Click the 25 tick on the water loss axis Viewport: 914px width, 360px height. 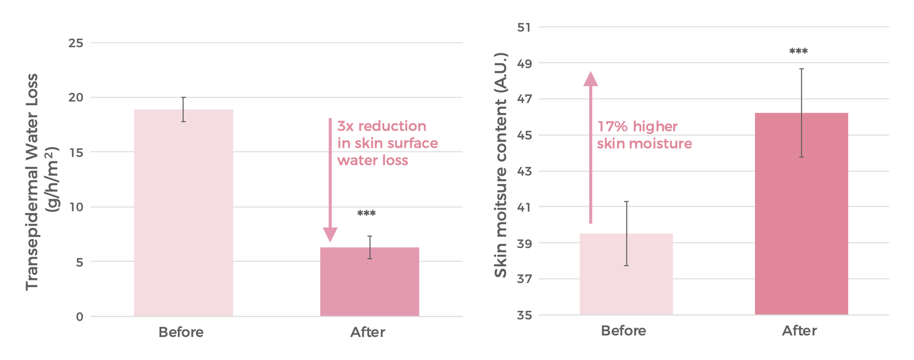76,43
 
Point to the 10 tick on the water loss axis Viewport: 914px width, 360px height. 76,207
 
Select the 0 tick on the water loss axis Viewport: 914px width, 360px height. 79,317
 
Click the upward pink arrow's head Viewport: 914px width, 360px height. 590,79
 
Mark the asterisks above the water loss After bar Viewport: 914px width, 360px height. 366,214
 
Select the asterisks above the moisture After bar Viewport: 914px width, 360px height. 798,51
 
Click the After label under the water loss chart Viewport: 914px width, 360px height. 368,332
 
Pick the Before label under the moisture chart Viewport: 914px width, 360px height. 623,330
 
